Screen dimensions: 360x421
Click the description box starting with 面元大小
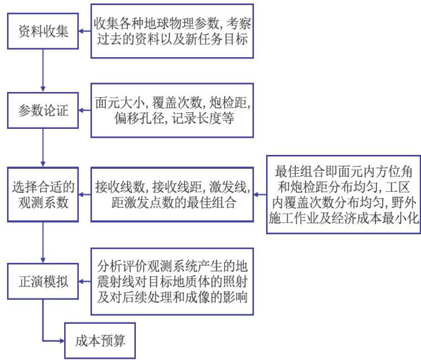click(172, 109)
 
